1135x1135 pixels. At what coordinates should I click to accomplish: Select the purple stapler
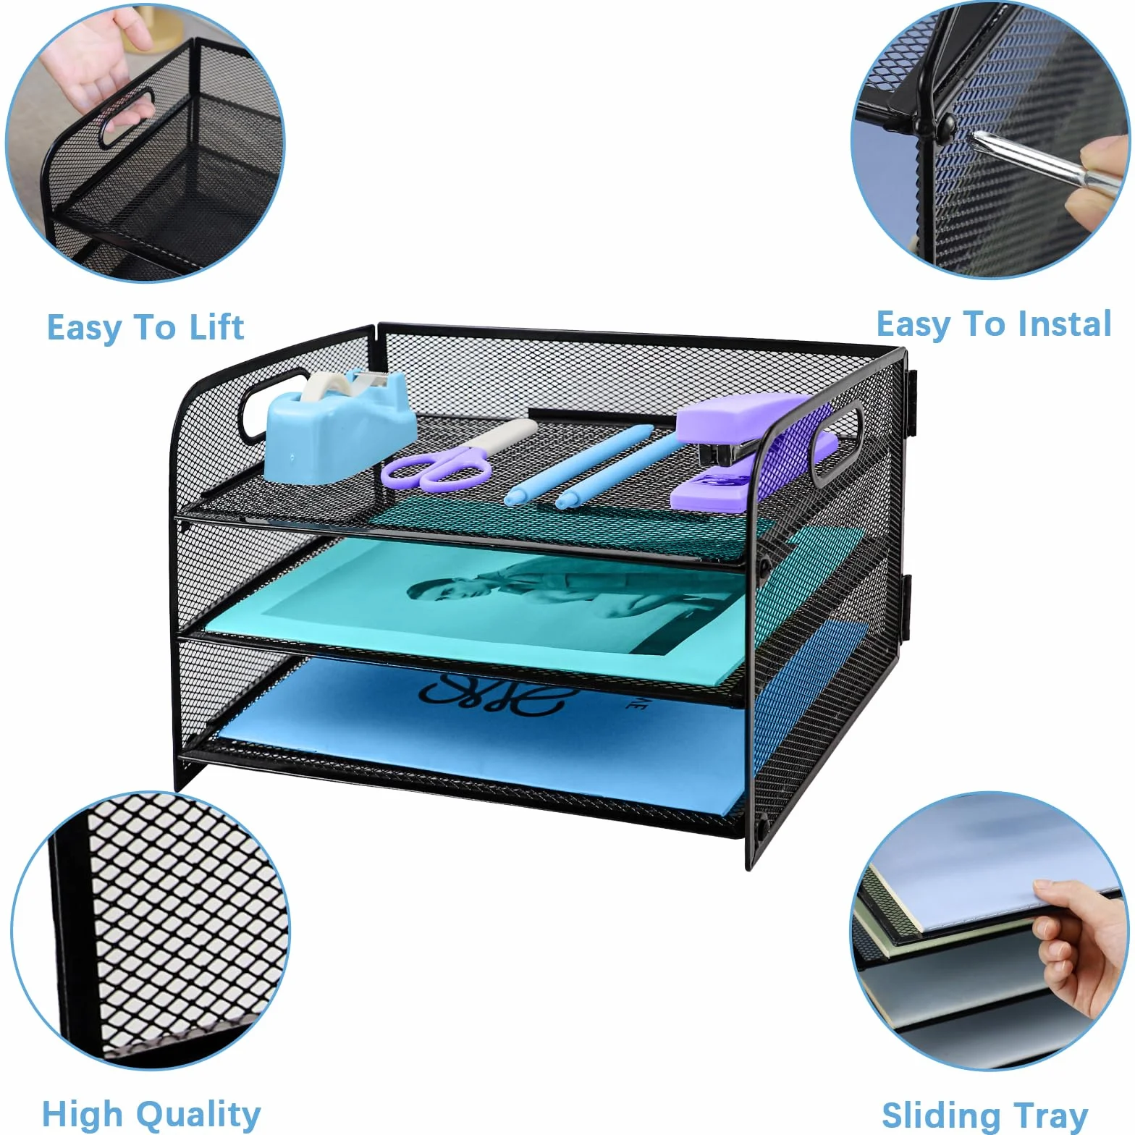(753, 449)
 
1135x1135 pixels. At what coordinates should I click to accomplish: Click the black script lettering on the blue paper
(499, 695)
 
